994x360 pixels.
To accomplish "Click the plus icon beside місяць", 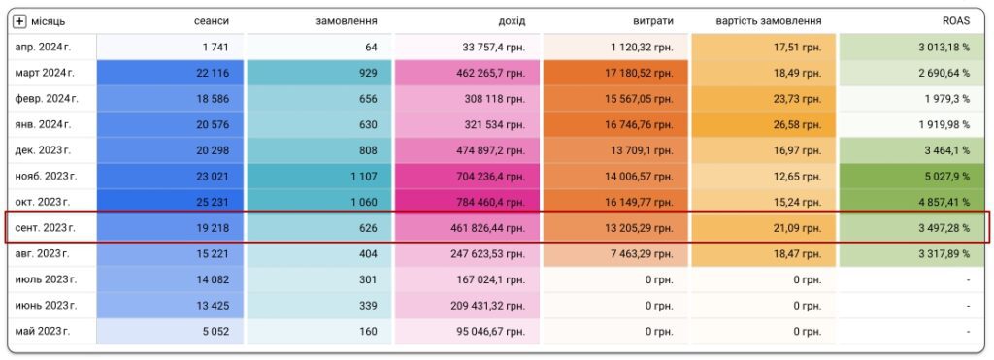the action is click(19, 21).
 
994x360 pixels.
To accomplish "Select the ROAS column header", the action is click(955, 21).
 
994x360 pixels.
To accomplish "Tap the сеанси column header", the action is click(211, 21).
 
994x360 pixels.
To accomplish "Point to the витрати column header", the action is click(653, 21).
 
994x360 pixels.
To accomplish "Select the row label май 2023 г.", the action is click(43, 331).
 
